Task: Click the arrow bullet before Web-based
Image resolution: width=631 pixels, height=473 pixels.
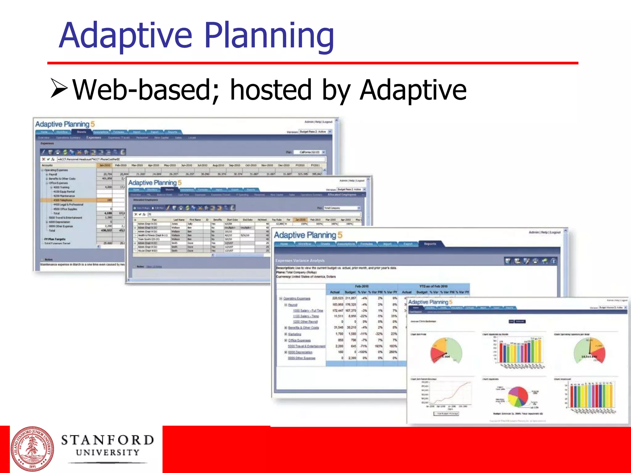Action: click(59, 88)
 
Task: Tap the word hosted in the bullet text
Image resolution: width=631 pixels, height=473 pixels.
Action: click(271, 90)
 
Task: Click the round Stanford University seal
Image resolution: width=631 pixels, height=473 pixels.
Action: click(32, 449)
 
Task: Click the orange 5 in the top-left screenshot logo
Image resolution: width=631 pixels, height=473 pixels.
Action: click(93, 124)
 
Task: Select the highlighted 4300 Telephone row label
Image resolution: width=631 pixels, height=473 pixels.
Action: click(63, 200)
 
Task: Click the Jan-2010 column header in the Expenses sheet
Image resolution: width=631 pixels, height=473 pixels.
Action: click(105, 165)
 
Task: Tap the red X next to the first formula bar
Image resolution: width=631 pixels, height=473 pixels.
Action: click(43, 159)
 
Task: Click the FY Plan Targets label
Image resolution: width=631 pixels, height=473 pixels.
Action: click(55, 239)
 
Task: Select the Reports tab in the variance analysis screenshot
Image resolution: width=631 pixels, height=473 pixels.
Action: click(430, 244)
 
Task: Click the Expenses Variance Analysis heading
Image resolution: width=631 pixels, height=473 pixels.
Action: click(300, 261)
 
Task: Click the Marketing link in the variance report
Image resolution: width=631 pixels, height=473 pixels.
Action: click(295, 334)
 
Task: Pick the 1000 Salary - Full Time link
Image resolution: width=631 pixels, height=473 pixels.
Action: click(308, 311)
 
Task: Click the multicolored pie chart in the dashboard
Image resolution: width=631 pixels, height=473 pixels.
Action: click(518, 396)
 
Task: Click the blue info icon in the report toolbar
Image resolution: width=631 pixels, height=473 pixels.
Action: click(553, 261)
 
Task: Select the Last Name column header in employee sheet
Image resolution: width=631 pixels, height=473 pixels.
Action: click(179, 220)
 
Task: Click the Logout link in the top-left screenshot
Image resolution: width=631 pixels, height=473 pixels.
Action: click(328, 122)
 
